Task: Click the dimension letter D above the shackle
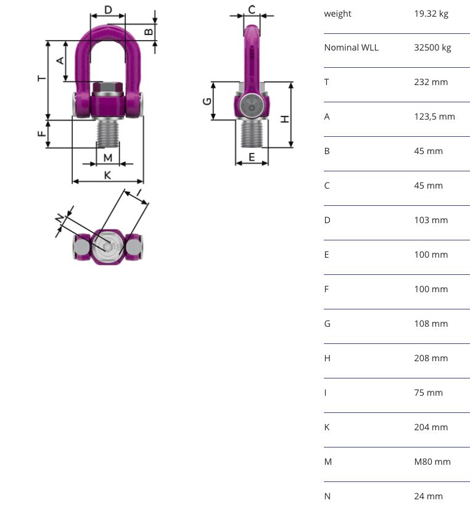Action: tap(108, 10)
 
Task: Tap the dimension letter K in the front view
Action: tap(107, 175)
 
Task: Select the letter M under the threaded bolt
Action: tap(108, 158)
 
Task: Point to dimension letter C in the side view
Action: tap(252, 9)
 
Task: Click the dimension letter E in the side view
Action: tap(252, 157)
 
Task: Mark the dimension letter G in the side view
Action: tap(207, 101)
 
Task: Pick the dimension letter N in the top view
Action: tap(60, 218)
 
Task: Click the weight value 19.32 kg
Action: tap(431, 14)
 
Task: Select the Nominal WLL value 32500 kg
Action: tap(432, 47)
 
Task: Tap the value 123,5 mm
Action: tap(434, 117)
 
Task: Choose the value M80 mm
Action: tap(432, 462)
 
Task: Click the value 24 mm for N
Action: tap(428, 496)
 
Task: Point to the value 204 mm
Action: tap(431, 427)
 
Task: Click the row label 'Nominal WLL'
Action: tap(352, 47)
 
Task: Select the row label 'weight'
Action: tap(337, 14)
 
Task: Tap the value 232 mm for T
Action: tap(431, 82)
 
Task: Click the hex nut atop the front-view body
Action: tap(108, 88)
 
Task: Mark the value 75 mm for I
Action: tap(428, 393)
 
